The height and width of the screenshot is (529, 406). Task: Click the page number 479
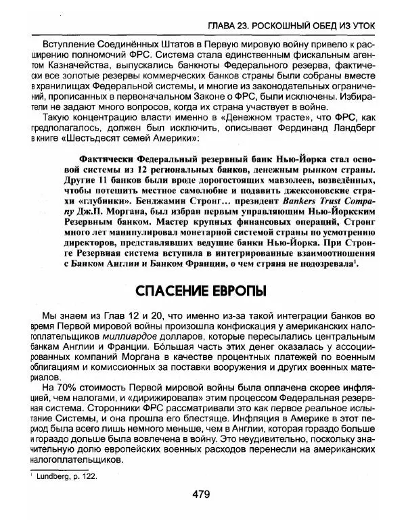pyautogui.click(x=201, y=495)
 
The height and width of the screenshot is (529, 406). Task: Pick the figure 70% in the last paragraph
pyautogui.click(x=68, y=388)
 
